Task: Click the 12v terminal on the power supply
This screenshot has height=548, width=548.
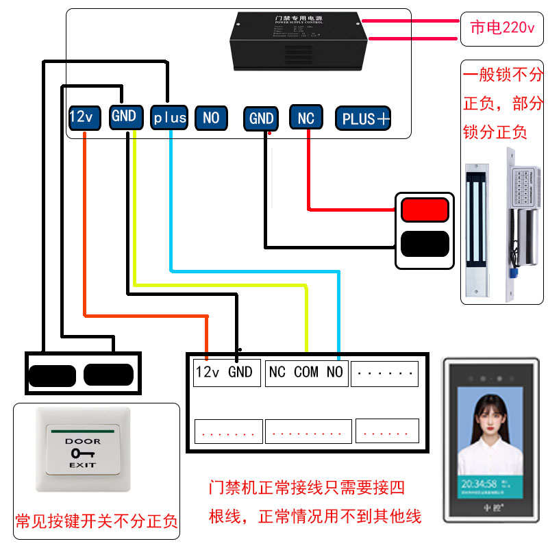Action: pyautogui.click(x=81, y=117)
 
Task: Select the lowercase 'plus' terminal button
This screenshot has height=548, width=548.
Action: pyautogui.click(x=169, y=118)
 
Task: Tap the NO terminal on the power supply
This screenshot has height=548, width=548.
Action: pyautogui.click(x=211, y=118)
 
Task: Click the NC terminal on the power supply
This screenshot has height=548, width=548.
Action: pyautogui.click(x=306, y=118)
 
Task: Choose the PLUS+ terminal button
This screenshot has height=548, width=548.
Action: pyautogui.click(x=365, y=119)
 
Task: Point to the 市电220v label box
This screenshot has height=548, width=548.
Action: pyautogui.click(x=501, y=28)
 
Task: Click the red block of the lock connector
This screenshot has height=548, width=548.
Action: pyautogui.click(x=425, y=210)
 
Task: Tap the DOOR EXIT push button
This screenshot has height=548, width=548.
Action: pyautogui.click(x=83, y=451)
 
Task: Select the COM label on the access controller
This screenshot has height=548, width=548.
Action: pyautogui.click(x=306, y=372)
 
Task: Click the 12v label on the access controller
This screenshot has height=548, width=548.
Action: pyautogui.click(x=208, y=372)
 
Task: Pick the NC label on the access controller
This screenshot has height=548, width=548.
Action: pyautogui.click(x=277, y=372)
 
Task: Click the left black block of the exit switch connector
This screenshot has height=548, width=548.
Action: pyautogui.click(x=52, y=375)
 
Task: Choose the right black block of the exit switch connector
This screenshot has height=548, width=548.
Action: pyautogui.click(x=108, y=374)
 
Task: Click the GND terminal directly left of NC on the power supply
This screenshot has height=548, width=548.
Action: pyautogui.click(x=261, y=118)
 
